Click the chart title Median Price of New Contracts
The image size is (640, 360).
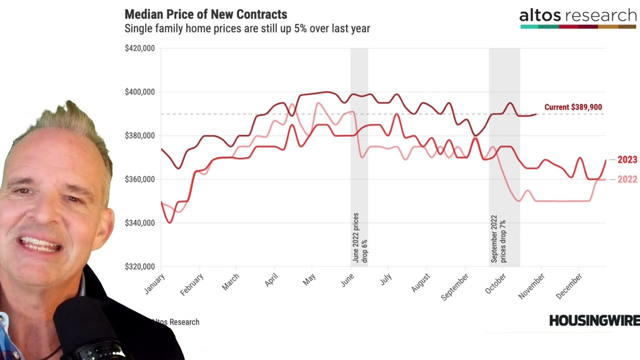pyautogui.click(x=205, y=14)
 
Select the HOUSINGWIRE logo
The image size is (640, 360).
pyautogui.click(x=594, y=320)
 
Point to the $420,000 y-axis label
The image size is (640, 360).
pyautogui.click(x=139, y=48)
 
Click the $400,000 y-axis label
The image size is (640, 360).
pyautogui.click(x=139, y=92)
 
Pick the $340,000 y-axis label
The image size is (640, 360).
pyautogui.click(x=139, y=223)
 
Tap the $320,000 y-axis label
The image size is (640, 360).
pyautogui.click(x=139, y=266)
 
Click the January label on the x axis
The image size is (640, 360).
pyautogui.click(x=154, y=283)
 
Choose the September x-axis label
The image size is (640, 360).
pyautogui.click(x=455, y=286)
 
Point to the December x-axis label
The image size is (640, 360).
pyautogui.click(x=569, y=286)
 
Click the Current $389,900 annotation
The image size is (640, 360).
pyautogui.click(x=573, y=107)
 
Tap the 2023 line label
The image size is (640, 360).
pyautogui.click(x=627, y=159)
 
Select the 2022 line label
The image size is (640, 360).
pyautogui.click(x=627, y=179)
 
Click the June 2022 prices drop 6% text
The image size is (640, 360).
pyautogui.click(x=359, y=238)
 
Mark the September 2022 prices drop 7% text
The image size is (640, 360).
pyautogui.click(x=498, y=239)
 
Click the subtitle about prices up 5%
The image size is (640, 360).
pyautogui.click(x=247, y=28)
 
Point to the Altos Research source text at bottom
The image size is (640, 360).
pyautogui.click(x=175, y=322)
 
